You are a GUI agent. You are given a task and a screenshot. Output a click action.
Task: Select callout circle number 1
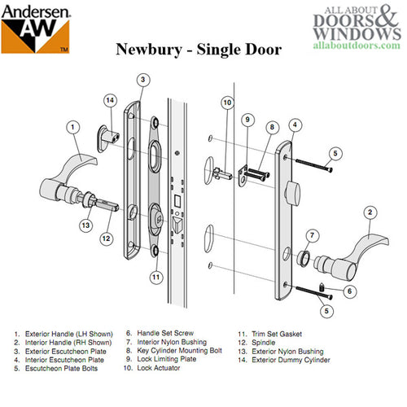[74, 126]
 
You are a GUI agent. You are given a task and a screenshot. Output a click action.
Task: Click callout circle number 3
[142, 80]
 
